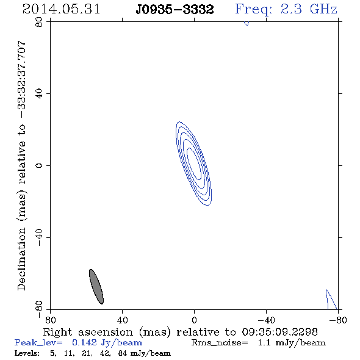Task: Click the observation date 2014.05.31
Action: click(61, 9)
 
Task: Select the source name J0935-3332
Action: click(175, 10)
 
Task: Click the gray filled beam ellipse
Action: click(96, 287)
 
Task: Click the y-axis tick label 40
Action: click(39, 94)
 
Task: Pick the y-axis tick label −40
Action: click(39, 237)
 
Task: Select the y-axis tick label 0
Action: click(39, 165)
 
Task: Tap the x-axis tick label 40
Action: click(122, 320)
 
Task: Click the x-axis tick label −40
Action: click(266, 320)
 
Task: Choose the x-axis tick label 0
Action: click(194, 320)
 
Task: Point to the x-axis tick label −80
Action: click(338, 320)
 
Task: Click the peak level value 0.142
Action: click(84, 342)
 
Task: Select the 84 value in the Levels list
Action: click(123, 353)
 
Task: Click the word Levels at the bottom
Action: click(27, 353)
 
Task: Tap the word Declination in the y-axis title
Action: click(21, 259)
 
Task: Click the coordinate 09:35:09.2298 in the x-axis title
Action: click(279, 332)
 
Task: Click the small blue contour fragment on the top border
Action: click(247, 23)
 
